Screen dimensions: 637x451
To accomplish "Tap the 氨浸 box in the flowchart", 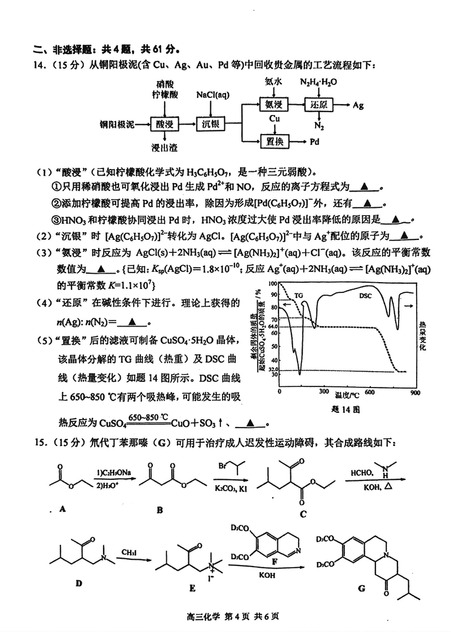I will pos(274,105).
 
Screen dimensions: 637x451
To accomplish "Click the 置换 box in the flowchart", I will pos(274,142).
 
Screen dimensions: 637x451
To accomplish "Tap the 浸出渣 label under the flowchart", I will pos(165,148).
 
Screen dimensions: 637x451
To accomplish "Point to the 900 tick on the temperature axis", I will pos(414,392).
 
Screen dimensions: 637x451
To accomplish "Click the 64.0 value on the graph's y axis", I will pos(273,326).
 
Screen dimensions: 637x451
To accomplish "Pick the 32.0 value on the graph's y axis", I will pos(273,369).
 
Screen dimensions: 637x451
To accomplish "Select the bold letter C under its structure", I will pos(303,513).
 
